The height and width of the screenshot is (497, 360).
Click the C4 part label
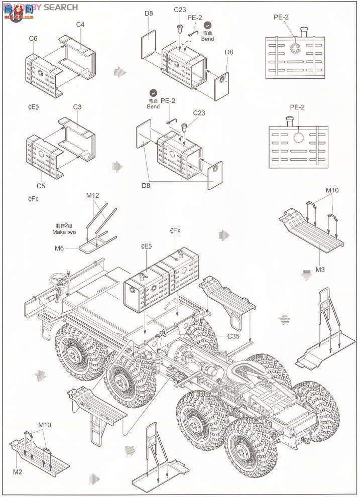tap(80, 24)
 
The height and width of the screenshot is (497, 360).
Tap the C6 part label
tap(33, 38)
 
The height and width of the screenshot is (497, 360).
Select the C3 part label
tap(77, 107)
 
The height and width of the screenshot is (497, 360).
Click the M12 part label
tap(93, 195)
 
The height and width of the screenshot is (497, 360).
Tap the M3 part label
tap(320, 270)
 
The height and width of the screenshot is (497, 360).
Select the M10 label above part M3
tap(332, 190)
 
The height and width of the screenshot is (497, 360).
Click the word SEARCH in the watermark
tap(61, 7)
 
